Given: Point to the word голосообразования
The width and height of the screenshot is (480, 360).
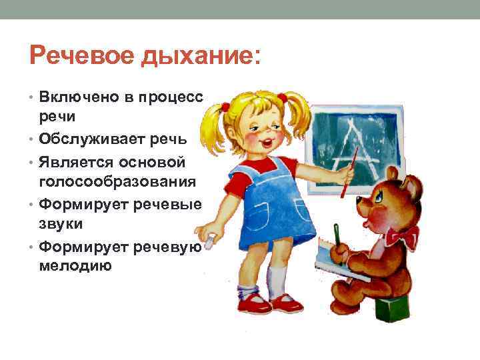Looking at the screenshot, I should pyautogui.click(x=117, y=180).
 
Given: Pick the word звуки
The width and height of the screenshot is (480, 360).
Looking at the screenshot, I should pyautogui.click(x=61, y=225).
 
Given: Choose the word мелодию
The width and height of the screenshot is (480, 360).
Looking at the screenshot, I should pyautogui.click(x=75, y=265).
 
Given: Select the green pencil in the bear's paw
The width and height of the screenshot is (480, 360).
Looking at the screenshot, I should pyautogui.click(x=337, y=237).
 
